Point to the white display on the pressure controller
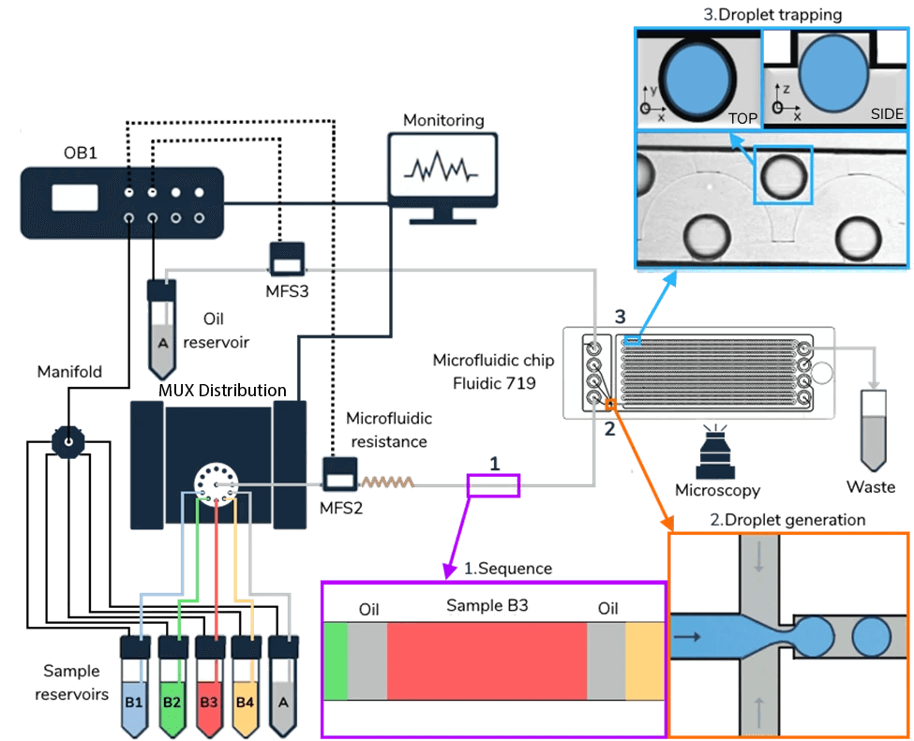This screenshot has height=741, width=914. pos(75,198)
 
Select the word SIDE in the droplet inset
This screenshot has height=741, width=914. pos(887,114)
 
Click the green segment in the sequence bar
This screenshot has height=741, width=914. pos(336,659)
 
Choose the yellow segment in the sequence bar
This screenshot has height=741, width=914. pos(644,659)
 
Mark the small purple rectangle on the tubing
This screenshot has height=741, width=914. pos(493,484)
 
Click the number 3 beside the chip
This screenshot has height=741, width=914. pos(619,318)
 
